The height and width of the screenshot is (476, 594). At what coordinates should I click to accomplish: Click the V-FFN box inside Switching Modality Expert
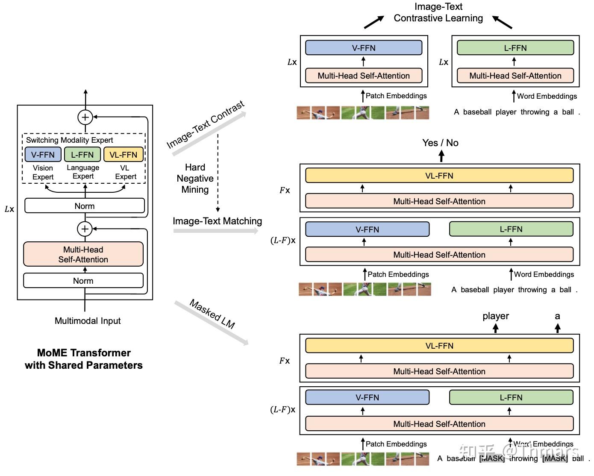[43, 155]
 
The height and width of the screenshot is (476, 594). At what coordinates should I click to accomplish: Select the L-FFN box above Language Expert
[82, 155]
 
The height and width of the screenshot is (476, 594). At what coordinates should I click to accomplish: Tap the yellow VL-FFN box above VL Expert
[124, 155]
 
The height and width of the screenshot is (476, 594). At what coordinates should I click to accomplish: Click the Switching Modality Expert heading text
[69, 140]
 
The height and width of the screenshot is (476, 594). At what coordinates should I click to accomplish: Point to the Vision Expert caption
[43, 172]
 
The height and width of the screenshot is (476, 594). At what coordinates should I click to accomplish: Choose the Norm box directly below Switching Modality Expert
[85, 206]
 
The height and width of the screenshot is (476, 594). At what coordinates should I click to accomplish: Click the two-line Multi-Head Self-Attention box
[83, 254]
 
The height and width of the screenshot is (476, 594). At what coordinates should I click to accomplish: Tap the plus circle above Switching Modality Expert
[85, 117]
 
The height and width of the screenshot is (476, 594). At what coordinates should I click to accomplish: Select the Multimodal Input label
[88, 321]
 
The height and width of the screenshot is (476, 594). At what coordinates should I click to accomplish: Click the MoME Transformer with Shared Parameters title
[84, 359]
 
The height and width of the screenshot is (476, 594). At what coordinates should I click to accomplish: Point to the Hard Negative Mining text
[195, 178]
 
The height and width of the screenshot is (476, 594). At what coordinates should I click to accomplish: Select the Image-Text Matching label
[217, 221]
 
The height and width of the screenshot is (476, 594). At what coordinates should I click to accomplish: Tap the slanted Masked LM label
[212, 314]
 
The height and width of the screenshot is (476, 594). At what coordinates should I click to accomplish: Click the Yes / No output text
[440, 143]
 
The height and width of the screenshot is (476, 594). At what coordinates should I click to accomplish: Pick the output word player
[496, 316]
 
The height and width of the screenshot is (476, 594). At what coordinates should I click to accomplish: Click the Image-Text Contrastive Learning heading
[438, 12]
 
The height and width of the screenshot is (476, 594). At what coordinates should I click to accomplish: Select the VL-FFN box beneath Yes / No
[439, 176]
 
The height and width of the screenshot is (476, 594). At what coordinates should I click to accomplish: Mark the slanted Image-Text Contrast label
[206, 124]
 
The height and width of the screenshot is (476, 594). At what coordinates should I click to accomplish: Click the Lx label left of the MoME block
[9, 209]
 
